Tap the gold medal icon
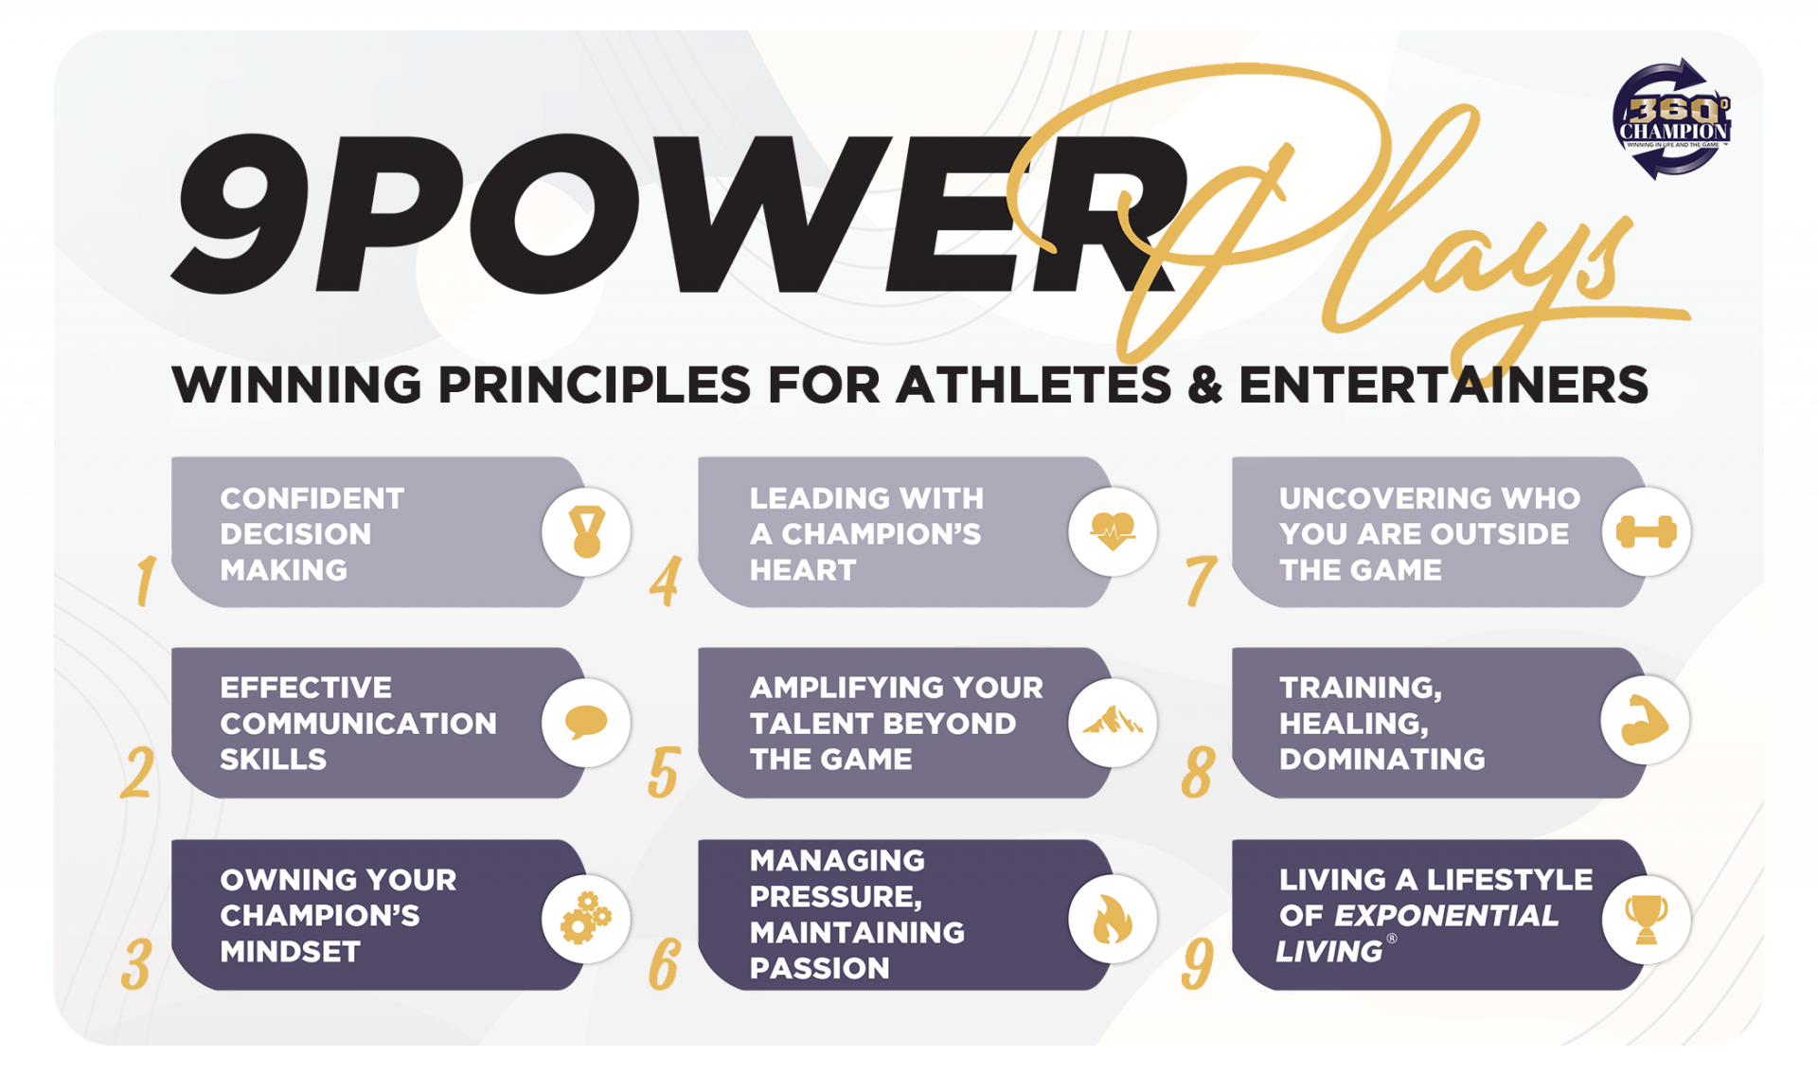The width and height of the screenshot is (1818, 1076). click(x=586, y=531)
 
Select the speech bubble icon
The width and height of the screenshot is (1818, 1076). click(x=586, y=723)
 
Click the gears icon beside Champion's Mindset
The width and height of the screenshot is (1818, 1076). click(x=586, y=917)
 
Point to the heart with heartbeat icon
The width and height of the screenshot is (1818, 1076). click(x=1113, y=531)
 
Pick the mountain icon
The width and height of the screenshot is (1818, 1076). click(x=1113, y=722)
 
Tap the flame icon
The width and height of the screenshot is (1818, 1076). click(x=1113, y=919)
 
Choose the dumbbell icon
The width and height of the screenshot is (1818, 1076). click(x=1646, y=532)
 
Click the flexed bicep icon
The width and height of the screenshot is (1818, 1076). click(x=1645, y=722)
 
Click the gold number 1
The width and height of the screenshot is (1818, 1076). click(x=145, y=580)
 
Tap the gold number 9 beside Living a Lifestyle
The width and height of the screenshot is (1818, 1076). click(x=1197, y=963)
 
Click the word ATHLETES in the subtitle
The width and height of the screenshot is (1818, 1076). click(x=1034, y=386)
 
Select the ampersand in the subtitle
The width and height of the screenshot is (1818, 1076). click(x=1205, y=386)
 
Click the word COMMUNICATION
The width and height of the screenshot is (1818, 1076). click(x=358, y=724)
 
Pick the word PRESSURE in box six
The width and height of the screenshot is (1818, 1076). click(x=836, y=896)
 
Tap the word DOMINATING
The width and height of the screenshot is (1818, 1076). click(x=1381, y=760)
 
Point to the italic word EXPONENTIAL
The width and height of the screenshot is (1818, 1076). click(x=1446, y=916)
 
